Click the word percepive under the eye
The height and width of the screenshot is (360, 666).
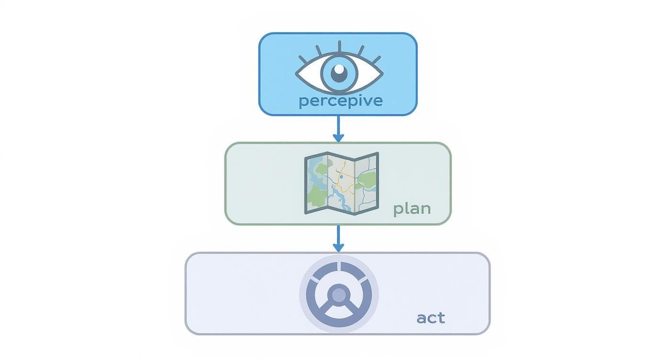tap(340, 101)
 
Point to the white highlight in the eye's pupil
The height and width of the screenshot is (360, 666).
tap(339, 69)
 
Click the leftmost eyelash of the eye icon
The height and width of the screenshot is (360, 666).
tap(303, 60)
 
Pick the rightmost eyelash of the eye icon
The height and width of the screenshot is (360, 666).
tap(376, 60)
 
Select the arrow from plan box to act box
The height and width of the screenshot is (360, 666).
tap(338, 238)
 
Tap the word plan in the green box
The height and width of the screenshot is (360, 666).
tap(411, 209)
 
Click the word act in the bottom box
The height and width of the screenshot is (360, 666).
tap(431, 318)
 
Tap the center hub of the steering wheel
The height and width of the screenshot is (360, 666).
tap(339, 294)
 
